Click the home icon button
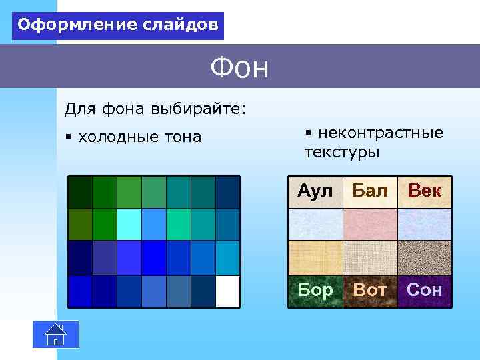coord(56,334)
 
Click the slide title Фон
coord(239,67)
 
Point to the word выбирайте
coord(199,108)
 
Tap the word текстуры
coord(342,153)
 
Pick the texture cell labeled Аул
coord(315,192)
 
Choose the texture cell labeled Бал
coord(369,192)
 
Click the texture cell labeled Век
coord(425,192)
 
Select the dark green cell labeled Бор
coord(315,291)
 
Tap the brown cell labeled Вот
coord(369,291)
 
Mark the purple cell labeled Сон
coord(425,291)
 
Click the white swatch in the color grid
coord(227,291)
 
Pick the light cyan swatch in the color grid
coord(129,224)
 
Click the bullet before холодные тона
coord(68,137)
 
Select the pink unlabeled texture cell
coord(369,224)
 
